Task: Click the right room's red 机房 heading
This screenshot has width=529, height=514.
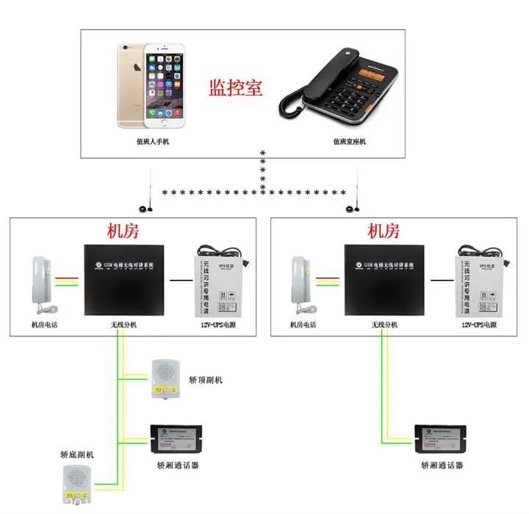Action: click(x=384, y=231)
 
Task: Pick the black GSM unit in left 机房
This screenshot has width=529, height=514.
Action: click(x=123, y=280)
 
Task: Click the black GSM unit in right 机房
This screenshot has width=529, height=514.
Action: click(x=385, y=280)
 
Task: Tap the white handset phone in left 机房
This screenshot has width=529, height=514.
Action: click(x=41, y=280)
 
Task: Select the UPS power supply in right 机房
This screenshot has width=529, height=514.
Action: click(x=479, y=282)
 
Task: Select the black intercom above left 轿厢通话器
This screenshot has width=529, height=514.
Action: click(x=176, y=440)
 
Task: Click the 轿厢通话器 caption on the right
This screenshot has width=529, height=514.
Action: click(x=442, y=466)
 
